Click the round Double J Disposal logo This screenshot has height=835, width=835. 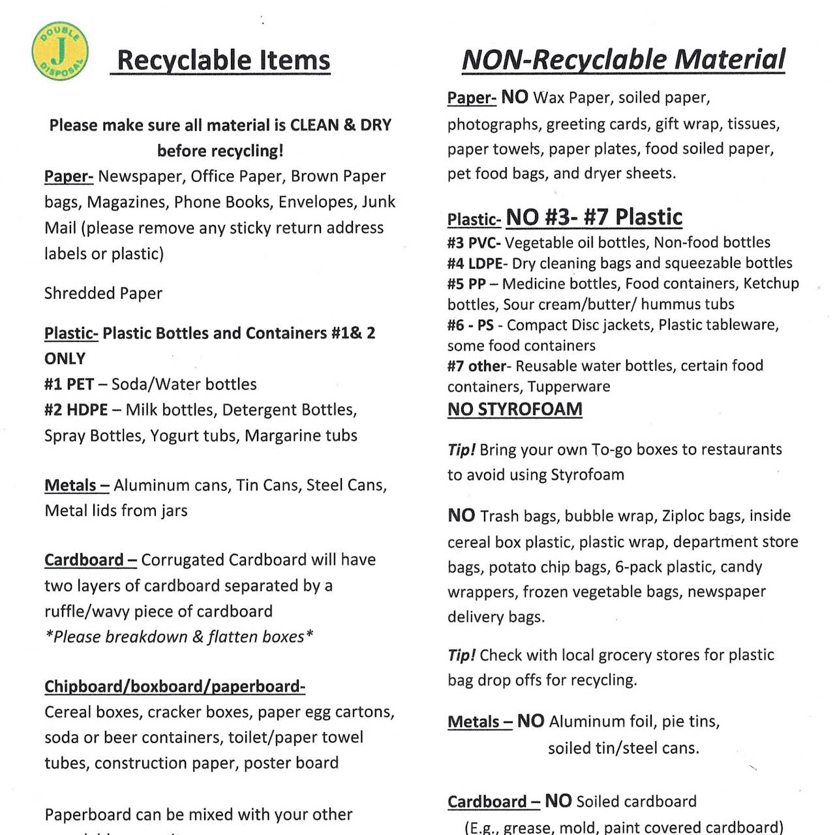[60, 51]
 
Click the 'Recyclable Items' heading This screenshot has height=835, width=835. [223, 60]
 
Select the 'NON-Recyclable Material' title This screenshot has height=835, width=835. [623, 59]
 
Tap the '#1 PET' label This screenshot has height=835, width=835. [68, 384]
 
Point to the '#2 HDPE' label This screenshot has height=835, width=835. [76, 410]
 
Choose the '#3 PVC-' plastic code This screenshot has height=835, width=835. [474, 243]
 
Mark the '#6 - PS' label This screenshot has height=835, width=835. [470, 325]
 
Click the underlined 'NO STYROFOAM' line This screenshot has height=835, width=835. [515, 409]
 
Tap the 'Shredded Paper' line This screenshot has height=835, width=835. [103, 294]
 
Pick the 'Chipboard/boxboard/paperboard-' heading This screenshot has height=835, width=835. [175, 686]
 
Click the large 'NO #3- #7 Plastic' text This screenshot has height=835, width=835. [594, 217]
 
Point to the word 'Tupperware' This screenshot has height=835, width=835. [569, 386]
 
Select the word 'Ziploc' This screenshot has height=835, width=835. [682, 516]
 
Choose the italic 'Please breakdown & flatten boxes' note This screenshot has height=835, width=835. [179, 637]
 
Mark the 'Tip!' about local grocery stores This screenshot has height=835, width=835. [461, 655]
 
